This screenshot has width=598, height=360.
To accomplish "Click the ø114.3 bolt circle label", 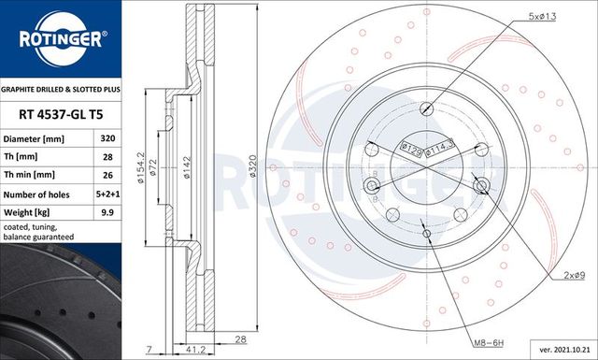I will pos(440,148).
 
